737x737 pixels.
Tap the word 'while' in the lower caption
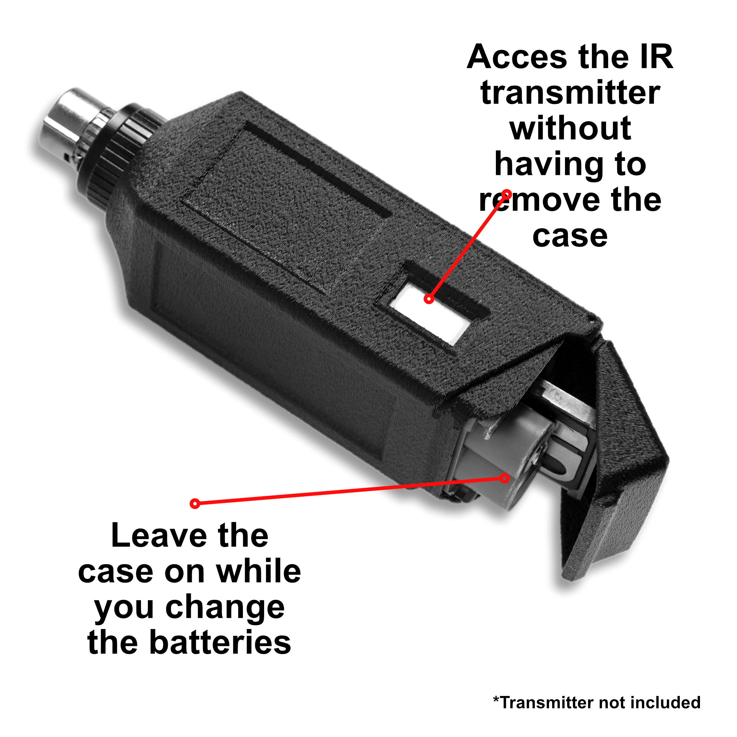click(259, 571)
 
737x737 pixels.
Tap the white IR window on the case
click(429, 315)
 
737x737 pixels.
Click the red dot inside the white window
click(429, 299)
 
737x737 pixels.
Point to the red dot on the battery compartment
click(505, 478)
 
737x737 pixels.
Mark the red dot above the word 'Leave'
click(195, 504)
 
